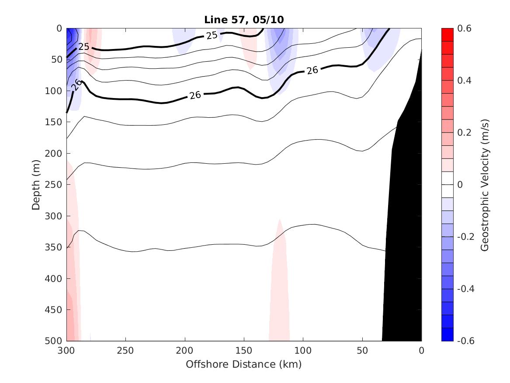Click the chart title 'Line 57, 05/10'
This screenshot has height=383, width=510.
(244, 20)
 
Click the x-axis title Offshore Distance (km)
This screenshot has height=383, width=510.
(244, 364)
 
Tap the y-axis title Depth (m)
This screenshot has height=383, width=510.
(36, 185)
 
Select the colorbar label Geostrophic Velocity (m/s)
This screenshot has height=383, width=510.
(484, 185)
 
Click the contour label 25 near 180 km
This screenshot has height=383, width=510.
(212, 35)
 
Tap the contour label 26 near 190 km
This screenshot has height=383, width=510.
(195, 95)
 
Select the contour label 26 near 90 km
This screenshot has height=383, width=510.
(312, 70)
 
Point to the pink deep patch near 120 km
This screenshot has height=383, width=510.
(279, 298)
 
